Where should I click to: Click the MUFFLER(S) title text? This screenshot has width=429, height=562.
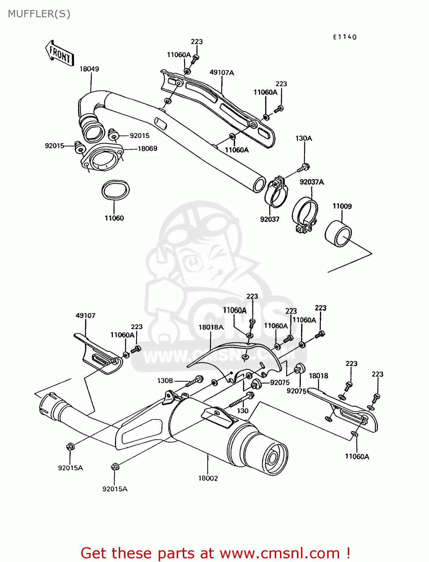39,14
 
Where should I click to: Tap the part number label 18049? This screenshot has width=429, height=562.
89,69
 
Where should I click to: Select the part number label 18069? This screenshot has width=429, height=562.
147,148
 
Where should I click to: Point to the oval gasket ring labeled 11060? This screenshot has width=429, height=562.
115,190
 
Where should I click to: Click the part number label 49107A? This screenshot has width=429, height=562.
222,72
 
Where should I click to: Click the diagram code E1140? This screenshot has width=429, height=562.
345,37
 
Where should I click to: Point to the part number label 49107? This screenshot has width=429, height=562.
85,315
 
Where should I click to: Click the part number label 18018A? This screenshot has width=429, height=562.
211,327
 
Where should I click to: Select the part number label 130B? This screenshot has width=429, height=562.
165,381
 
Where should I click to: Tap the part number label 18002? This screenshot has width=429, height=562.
208,478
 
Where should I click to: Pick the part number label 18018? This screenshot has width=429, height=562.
318,375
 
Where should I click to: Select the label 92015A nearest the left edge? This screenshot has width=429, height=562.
70,468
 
